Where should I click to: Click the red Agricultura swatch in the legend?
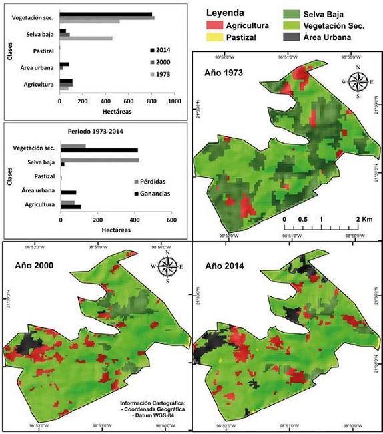pyautogui.click(x=213, y=25)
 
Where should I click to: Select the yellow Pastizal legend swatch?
pyautogui.click(x=213, y=37)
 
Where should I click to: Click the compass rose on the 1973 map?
pyautogui.click(x=357, y=81)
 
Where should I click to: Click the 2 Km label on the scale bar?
pyautogui.click(x=363, y=219)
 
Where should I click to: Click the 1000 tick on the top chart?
pyautogui.click(x=175, y=101)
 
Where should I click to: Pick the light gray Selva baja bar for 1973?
pyautogui.click(x=86, y=39)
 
